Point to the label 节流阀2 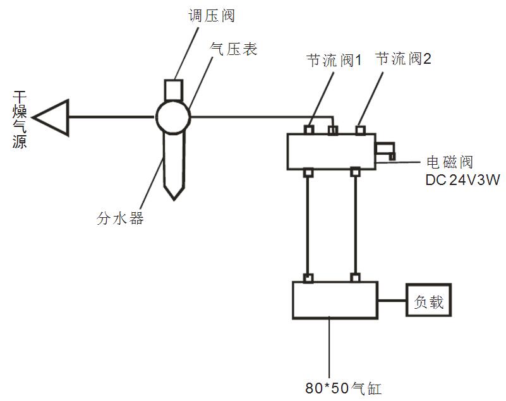tap(404, 59)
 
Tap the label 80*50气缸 tap(343, 388)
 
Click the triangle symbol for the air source tap(52, 117)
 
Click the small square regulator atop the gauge tap(173, 90)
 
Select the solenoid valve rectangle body tap(331, 152)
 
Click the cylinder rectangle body tap(334, 300)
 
